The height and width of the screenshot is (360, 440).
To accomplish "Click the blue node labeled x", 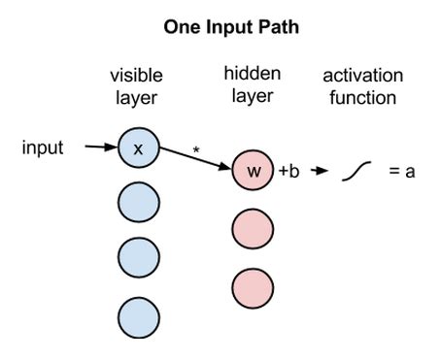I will (138, 148).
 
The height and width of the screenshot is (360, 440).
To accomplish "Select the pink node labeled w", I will (254, 171).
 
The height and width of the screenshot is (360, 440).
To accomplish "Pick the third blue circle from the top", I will (138, 257).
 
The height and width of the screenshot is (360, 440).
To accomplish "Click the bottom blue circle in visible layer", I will (138, 314).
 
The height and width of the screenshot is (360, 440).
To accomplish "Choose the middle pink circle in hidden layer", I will (254, 229).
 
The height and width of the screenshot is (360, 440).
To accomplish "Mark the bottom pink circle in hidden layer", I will (254, 288).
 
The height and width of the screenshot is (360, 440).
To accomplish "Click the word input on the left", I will (43, 148).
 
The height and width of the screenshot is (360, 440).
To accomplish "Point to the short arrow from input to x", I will (100, 148).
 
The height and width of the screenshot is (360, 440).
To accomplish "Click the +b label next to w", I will (289, 172).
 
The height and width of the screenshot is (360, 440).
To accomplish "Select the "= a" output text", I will (403, 172).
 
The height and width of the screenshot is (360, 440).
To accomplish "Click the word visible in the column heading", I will (136, 76).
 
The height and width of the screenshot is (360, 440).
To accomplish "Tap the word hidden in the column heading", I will (252, 73).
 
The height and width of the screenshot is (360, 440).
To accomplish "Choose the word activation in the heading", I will (363, 76).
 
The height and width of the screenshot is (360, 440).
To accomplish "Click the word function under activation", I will (363, 97).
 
